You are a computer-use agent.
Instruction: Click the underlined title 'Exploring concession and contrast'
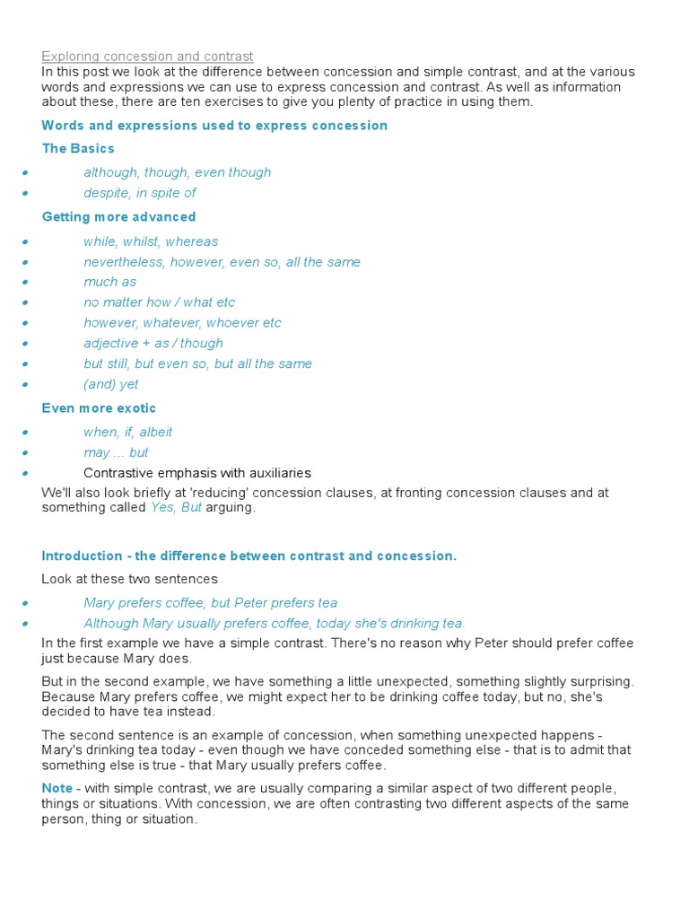[x=148, y=57]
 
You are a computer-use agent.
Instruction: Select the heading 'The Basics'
[x=78, y=148]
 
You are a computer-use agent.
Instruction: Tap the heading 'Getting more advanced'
[x=118, y=216]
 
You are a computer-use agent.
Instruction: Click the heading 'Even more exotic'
[x=99, y=408]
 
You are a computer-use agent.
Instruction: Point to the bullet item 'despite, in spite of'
[x=140, y=193]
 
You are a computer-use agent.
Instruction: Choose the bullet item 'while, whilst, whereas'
[x=151, y=241]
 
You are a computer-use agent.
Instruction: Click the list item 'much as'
[x=110, y=282]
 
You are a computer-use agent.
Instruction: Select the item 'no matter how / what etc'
[x=160, y=302]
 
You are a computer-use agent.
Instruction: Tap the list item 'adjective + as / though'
[x=153, y=343]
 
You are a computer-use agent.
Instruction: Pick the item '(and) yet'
[x=111, y=384]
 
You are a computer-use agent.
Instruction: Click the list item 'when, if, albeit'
[x=128, y=432]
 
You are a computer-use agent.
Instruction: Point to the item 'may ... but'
[x=116, y=452]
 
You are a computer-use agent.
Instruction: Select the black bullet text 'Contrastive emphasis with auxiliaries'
[x=197, y=473]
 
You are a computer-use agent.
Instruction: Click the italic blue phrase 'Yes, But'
[x=176, y=508]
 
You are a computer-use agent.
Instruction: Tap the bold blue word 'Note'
[x=57, y=788]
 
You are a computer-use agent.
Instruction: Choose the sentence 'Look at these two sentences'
[x=129, y=579]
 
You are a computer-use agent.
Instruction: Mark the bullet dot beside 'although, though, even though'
[x=27, y=173]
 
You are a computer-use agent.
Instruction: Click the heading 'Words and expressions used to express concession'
[x=214, y=126]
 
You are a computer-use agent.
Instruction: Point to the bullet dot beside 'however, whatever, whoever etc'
[x=27, y=324]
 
